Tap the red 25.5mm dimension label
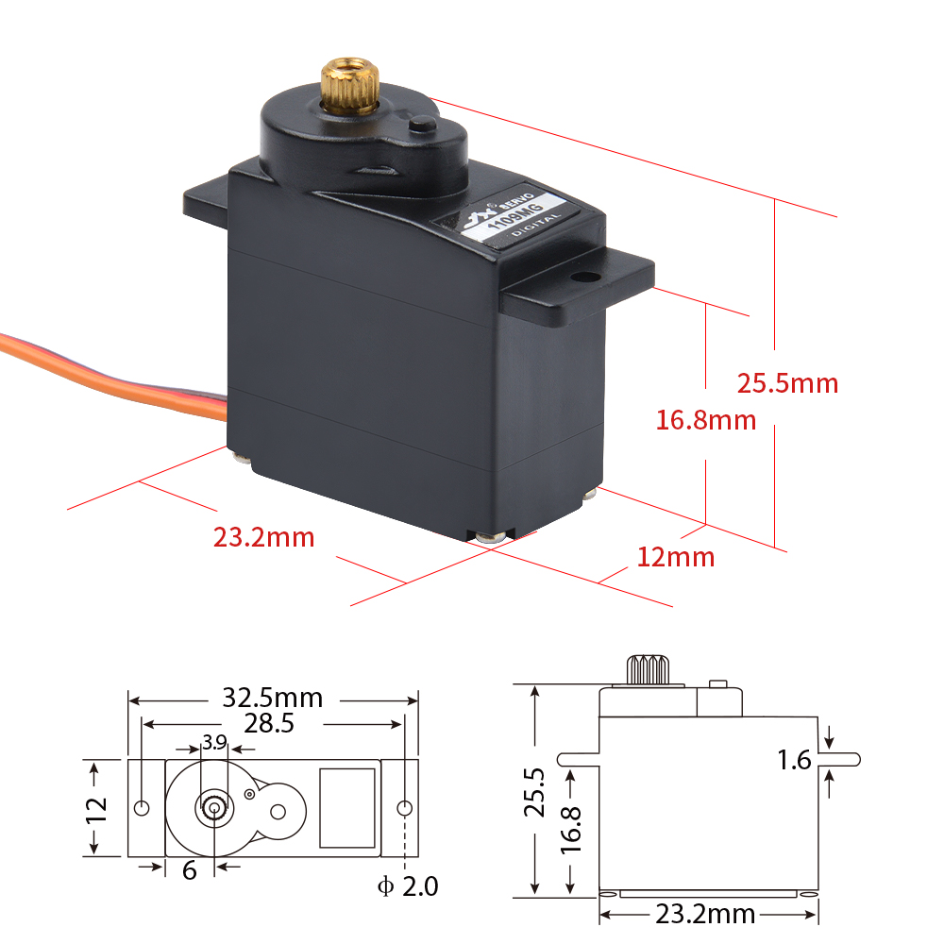787,383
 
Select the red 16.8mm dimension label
706,419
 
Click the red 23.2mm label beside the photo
263,537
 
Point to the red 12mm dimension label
676,557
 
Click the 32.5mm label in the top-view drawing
273,699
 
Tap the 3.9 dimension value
214,742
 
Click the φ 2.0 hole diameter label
408,886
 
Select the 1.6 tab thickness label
795,760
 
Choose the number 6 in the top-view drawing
190,870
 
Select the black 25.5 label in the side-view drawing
535,793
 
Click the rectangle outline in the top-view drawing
347,807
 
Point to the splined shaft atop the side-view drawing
647,670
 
